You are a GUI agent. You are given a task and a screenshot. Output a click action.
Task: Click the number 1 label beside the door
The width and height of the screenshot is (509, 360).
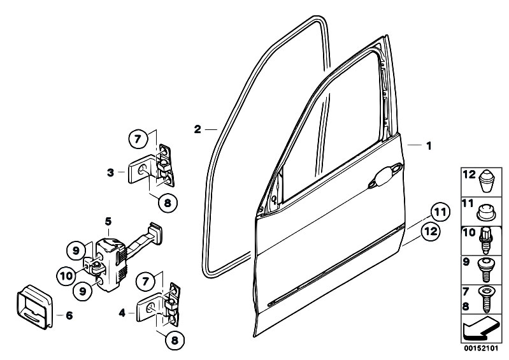[429, 146]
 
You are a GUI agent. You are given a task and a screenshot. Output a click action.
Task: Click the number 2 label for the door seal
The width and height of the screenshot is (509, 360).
[197, 129]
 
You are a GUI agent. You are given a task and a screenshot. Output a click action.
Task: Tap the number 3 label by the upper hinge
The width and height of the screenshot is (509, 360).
[111, 173]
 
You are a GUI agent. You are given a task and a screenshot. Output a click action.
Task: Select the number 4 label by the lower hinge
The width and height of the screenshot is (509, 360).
[122, 313]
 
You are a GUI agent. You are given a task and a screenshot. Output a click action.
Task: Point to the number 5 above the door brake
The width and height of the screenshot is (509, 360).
[108, 222]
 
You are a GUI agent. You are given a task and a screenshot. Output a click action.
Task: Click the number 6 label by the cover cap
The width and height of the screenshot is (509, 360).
[69, 315]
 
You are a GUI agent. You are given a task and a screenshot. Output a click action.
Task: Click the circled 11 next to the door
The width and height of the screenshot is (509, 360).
[440, 213]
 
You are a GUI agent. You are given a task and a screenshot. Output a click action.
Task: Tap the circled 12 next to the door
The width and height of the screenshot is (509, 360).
[431, 232]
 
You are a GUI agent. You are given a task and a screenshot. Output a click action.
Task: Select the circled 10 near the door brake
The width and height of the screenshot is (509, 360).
[66, 277]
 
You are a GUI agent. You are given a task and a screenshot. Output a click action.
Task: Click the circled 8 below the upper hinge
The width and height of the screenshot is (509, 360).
[168, 203]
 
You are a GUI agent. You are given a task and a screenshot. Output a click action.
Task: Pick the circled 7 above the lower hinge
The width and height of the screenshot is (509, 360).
[145, 281]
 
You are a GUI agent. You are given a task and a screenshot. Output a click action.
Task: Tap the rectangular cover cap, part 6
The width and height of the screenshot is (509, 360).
[34, 306]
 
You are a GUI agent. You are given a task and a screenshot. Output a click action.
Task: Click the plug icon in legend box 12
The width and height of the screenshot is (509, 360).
[487, 181]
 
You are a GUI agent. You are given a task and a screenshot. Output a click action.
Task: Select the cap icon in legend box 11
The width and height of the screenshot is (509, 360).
[487, 213]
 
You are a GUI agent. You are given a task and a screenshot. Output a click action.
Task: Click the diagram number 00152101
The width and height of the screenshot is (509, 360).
[481, 349]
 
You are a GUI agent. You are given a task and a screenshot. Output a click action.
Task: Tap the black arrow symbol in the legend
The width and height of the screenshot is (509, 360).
[480, 329]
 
